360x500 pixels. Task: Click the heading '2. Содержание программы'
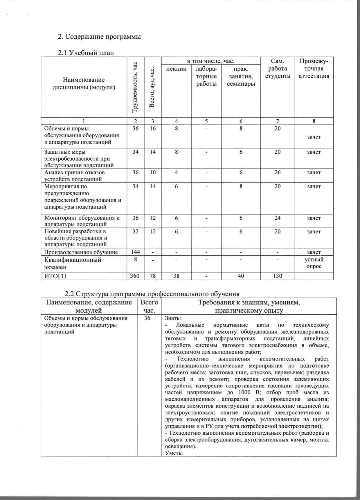(x=99, y=37)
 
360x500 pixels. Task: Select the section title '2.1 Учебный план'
(x=86, y=53)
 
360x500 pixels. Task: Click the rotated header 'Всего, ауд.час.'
(x=152, y=87)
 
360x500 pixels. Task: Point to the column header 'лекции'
(x=176, y=69)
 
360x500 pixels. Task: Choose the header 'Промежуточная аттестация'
(x=314, y=69)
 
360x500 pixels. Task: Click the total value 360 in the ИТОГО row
(x=136, y=276)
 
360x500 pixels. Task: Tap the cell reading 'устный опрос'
(x=314, y=263)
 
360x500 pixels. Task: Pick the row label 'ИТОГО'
(x=55, y=276)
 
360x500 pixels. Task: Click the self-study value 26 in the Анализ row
(x=278, y=172)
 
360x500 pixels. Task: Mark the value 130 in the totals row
(x=278, y=276)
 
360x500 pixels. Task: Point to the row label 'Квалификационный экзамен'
(x=73, y=263)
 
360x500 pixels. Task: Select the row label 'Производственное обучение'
(x=81, y=252)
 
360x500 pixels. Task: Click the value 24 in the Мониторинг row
(x=278, y=218)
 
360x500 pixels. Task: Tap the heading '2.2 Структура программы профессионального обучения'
(x=152, y=294)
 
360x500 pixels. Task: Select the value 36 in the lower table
(x=147, y=318)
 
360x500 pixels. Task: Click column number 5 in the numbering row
(x=206, y=121)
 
